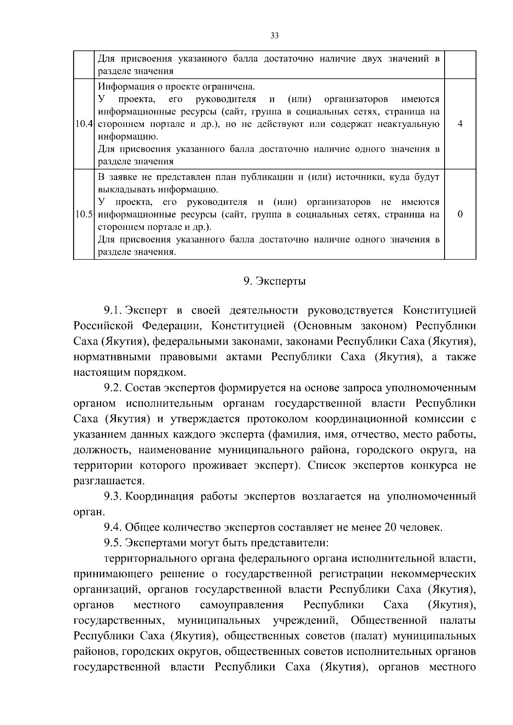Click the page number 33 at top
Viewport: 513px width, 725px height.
[275, 36]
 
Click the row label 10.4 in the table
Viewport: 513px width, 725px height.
[84, 124]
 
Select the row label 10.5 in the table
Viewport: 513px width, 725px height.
[84, 214]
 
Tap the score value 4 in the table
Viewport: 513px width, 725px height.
[460, 124]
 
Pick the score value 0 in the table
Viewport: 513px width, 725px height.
[460, 214]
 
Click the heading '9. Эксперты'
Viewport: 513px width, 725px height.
[275, 282]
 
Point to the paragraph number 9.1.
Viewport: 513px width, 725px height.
[113, 310]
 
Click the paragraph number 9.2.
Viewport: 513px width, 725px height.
[113, 388]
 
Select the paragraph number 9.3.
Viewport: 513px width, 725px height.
[113, 496]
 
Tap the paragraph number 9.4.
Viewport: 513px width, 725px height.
[113, 528]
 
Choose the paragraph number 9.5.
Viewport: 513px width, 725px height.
[113, 543]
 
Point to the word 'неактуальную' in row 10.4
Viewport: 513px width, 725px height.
[412, 124]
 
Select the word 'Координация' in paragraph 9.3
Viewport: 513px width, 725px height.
[159, 496]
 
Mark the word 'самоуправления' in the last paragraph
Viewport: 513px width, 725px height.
[242, 605]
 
